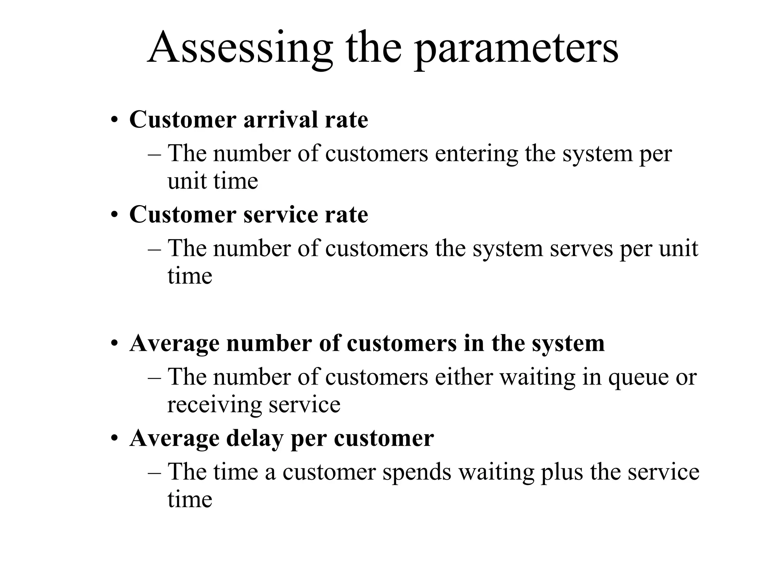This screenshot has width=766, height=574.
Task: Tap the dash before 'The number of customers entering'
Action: click(x=154, y=154)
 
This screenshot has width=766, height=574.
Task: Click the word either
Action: click(x=464, y=377)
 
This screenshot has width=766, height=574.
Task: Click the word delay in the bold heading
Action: click(x=254, y=438)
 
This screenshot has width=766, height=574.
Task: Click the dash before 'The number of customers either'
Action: click(x=154, y=377)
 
